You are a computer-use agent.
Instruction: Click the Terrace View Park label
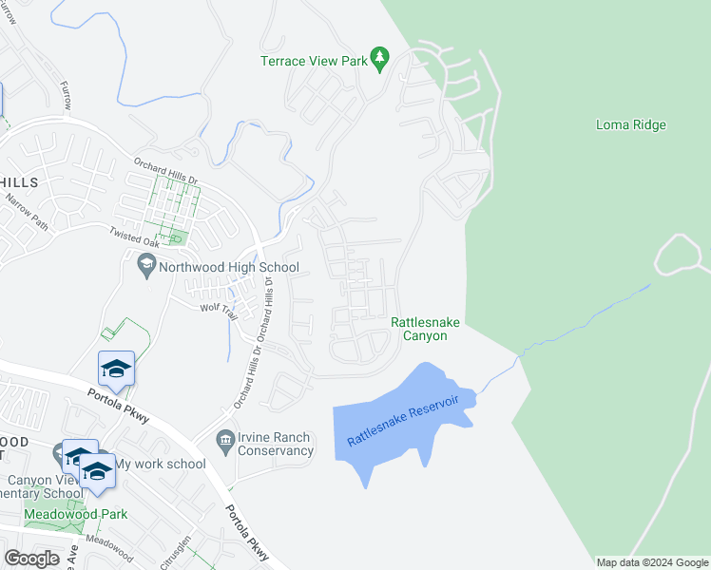(x=314, y=61)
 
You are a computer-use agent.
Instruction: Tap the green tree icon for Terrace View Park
(x=380, y=58)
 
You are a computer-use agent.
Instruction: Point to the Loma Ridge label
(x=630, y=124)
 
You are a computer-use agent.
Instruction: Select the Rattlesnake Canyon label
(x=425, y=329)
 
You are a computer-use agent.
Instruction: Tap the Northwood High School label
(x=228, y=267)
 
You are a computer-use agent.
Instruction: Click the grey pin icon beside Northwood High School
(x=146, y=263)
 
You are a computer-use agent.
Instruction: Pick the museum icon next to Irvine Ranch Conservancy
(x=225, y=438)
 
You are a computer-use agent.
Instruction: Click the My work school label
(x=160, y=464)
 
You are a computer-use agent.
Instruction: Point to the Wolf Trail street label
(x=217, y=308)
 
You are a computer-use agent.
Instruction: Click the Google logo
(x=31, y=558)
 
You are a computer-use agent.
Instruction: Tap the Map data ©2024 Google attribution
(x=652, y=562)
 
